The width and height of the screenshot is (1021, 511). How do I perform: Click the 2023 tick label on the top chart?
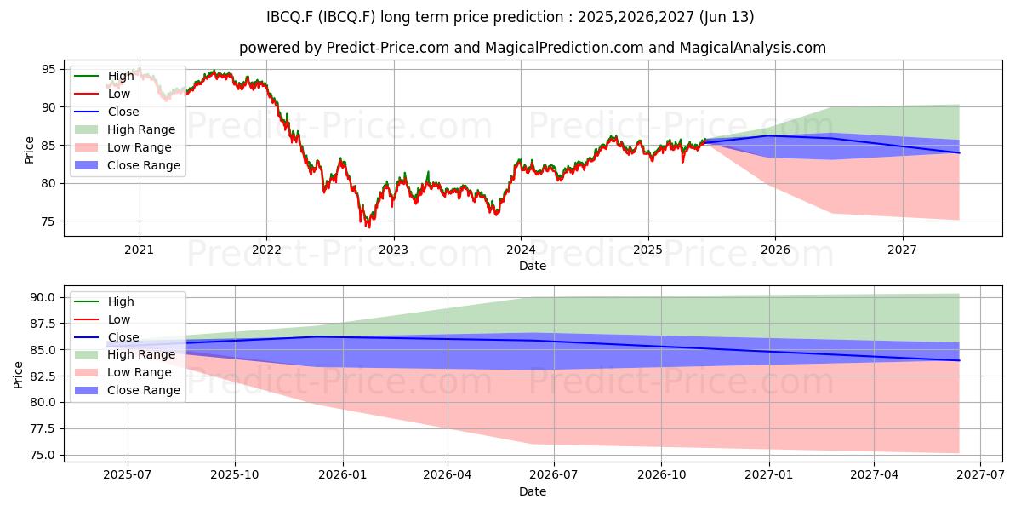pos(394,250)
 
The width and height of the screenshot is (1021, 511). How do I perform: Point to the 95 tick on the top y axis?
pos(48,69)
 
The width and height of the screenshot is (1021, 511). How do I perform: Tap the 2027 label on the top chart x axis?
pos(902,250)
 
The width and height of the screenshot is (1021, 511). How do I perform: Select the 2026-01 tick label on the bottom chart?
pos(342,475)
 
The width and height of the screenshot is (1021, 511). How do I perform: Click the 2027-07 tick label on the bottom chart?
pos(980,475)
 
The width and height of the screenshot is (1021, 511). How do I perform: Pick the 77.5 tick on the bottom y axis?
pos(43,428)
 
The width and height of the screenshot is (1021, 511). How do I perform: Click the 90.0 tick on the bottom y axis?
pos(43,297)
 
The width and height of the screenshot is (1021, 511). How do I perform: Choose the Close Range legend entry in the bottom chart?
pos(128,390)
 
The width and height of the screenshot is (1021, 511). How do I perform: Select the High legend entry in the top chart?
pos(104,76)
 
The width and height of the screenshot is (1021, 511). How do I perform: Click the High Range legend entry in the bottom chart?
pos(125,354)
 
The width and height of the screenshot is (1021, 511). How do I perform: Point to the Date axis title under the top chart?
pos(533,266)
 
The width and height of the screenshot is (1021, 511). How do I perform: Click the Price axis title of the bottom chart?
pos(18,375)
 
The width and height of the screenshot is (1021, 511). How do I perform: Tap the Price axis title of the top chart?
pos(29,150)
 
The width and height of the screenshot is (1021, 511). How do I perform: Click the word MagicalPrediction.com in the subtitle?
pos(564,48)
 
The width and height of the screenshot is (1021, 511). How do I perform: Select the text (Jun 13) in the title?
pos(726,17)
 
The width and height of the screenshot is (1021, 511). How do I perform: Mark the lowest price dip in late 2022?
pos(368,227)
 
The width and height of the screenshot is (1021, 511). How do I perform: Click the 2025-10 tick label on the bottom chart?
pos(234,475)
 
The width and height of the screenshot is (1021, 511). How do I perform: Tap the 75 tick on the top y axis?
pos(48,221)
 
